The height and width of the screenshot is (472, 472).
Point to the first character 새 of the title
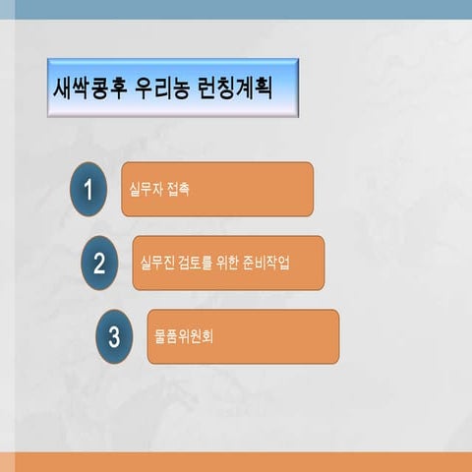click(x=61, y=88)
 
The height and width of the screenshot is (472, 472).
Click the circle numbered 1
click(x=88, y=189)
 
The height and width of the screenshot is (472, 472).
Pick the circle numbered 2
click(x=99, y=263)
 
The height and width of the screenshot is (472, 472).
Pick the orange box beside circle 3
click(x=275, y=337)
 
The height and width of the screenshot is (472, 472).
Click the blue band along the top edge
click(x=236, y=9)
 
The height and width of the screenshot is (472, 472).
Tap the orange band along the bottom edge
click(x=236, y=462)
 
